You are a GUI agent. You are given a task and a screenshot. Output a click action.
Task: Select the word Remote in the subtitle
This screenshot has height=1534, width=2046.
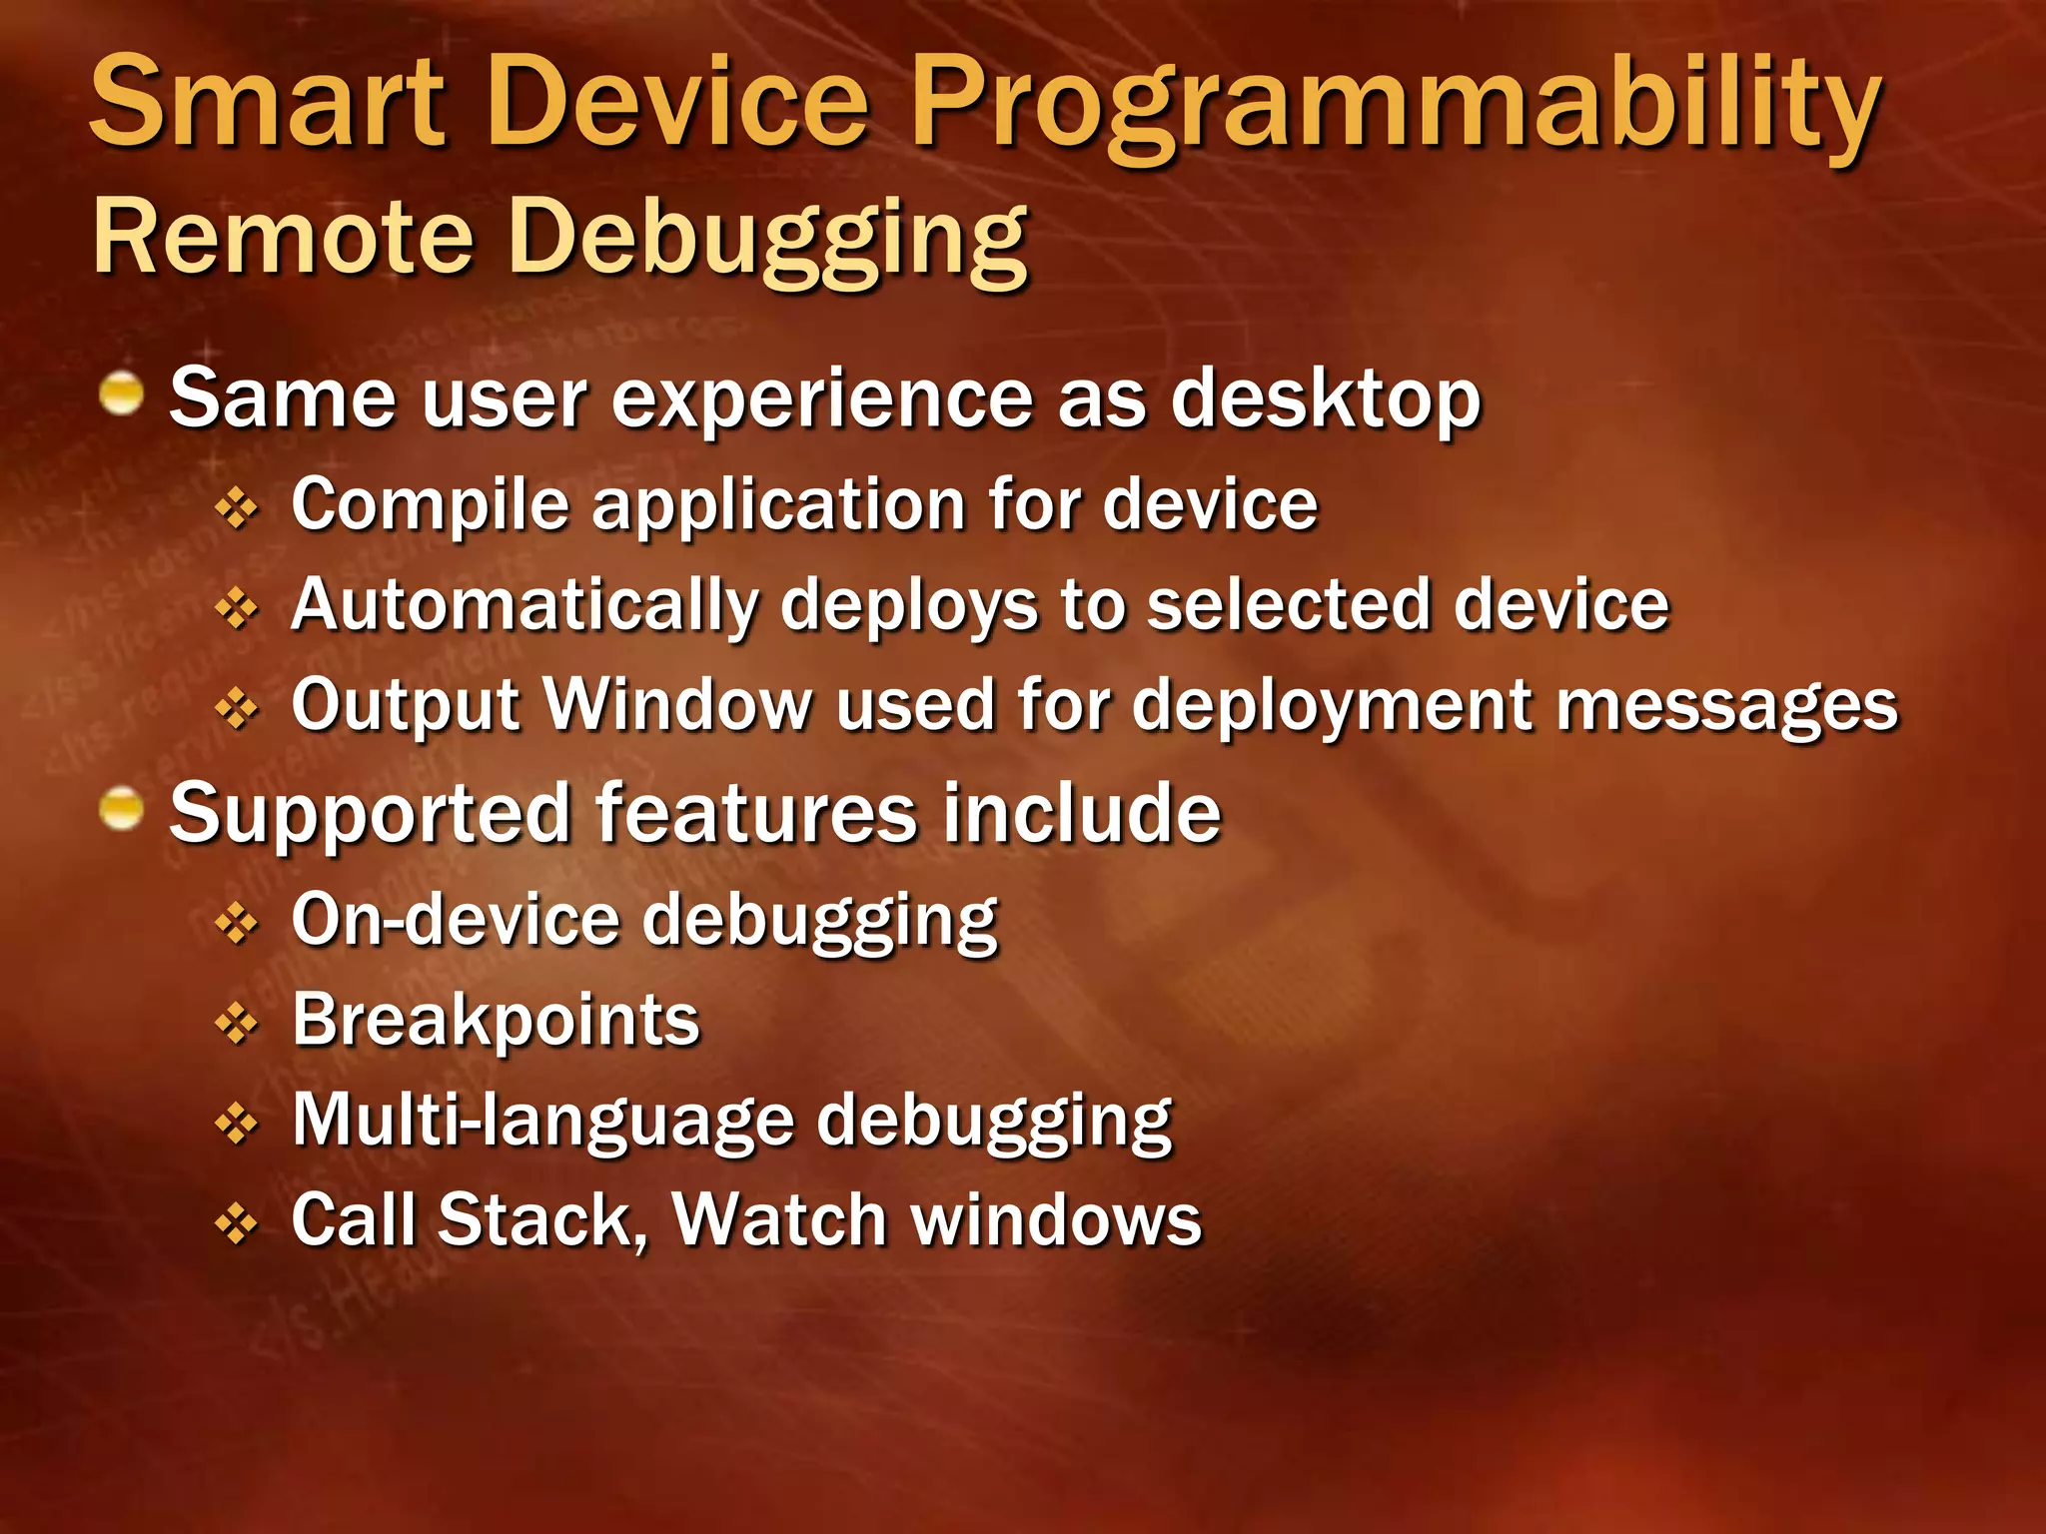point(283,237)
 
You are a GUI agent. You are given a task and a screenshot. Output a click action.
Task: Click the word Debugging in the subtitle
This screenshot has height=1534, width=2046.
point(767,240)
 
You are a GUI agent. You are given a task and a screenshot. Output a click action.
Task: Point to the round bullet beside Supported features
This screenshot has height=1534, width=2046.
point(123,808)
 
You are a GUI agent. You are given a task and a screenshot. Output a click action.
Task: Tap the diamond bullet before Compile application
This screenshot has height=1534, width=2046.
point(237,509)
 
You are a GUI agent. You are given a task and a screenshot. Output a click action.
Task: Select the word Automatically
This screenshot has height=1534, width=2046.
point(524,606)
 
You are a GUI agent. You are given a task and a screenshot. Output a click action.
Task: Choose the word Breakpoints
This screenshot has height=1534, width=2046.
point(496,1022)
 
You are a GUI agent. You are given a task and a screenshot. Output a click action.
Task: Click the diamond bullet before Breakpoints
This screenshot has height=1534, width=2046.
point(237,1025)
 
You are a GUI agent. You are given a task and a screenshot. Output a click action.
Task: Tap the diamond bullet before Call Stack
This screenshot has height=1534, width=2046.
point(237,1224)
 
